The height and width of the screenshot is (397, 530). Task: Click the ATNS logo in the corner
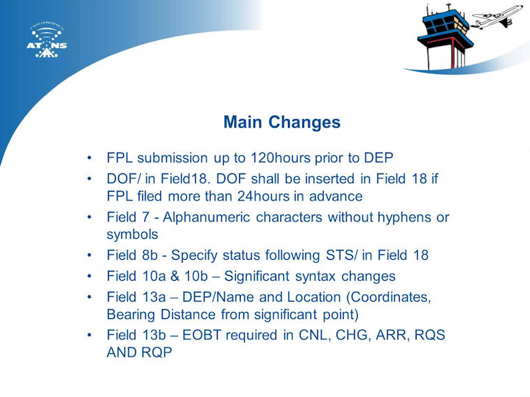(47, 40)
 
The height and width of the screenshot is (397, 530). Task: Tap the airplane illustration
(497, 17)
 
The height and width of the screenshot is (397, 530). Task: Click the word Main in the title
(243, 122)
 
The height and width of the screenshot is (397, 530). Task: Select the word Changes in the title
(305, 123)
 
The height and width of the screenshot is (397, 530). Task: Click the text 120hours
(280, 157)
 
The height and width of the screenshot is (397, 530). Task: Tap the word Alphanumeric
(206, 217)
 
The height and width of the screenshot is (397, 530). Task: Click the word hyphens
(404, 218)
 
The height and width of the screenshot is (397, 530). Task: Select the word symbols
(132, 235)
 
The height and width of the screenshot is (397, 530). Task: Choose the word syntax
(315, 277)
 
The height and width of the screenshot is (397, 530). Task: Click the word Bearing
(131, 315)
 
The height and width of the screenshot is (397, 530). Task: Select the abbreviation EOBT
(202, 335)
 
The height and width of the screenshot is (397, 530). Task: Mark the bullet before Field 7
(89, 217)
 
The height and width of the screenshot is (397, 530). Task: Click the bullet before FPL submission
(89, 157)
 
